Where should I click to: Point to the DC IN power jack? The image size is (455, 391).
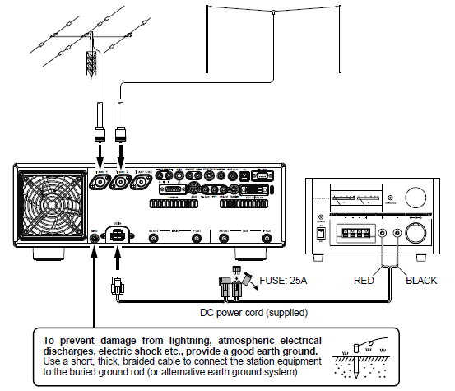tap(118, 237)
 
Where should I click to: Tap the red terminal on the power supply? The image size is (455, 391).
tap(383, 234)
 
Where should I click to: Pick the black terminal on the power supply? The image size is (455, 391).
tap(399, 234)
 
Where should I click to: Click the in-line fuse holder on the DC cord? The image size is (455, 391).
tap(234, 284)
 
